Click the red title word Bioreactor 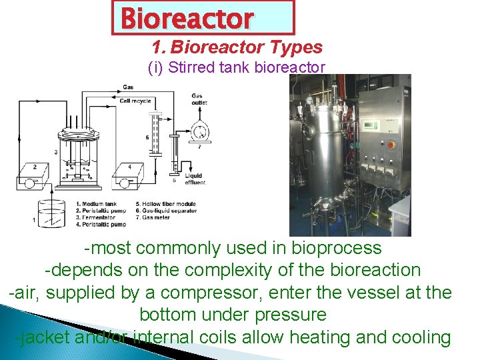187,19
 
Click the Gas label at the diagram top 128,87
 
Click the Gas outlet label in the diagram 197,99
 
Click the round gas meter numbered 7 199,131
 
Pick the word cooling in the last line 421,337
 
